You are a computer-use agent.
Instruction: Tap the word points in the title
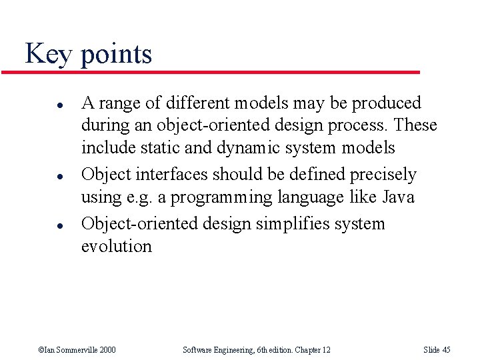pos(116,55)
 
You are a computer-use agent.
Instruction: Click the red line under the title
pos(220,72)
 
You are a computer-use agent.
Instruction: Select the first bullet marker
pos(41,105)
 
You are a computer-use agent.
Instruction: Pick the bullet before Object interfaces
pos(41,176)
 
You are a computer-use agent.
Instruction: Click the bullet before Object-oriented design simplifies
pos(41,225)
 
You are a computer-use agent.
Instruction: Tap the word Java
pos(398,197)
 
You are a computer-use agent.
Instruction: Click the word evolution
pos(116,246)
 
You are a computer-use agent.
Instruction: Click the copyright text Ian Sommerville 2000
pos(77,350)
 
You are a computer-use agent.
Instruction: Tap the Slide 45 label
pos(437,350)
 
